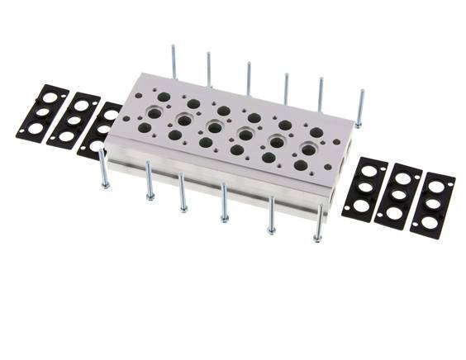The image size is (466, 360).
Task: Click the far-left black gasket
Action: (42, 116)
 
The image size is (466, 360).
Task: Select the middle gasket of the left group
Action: (74, 121)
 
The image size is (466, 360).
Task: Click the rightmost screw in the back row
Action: (359, 107)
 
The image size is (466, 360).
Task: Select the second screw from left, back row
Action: (209, 69)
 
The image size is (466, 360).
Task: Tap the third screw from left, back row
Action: (248, 77)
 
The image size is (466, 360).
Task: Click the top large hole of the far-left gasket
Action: (50, 98)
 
